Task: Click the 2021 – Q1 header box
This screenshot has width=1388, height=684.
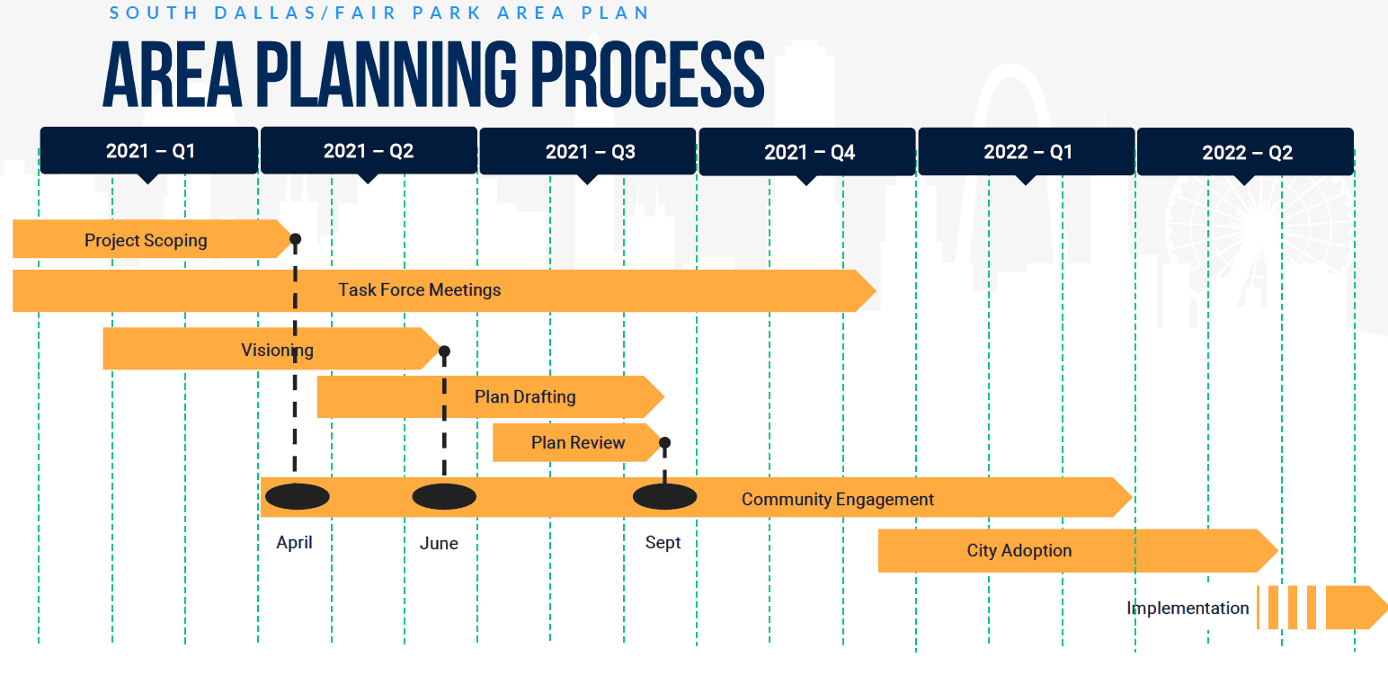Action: (148, 151)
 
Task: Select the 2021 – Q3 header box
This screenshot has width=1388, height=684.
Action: (588, 151)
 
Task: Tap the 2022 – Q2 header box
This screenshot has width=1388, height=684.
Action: (1245, 152)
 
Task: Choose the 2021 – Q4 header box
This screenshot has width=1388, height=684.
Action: (807, 152)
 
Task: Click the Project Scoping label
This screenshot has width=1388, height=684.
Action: (146, 240)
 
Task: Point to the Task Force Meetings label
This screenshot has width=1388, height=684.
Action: (420, 290)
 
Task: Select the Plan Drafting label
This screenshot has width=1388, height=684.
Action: (526, 396)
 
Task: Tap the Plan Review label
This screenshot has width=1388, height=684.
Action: (578, 442)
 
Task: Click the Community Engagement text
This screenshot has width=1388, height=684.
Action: (838, 500)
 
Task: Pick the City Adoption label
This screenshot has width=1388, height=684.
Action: (1019, 550)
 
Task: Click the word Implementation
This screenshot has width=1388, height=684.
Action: (1188, 608)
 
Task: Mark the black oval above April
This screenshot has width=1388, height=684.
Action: (298, 496)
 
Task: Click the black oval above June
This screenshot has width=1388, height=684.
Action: (444, 496)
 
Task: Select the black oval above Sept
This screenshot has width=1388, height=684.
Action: (665, 496)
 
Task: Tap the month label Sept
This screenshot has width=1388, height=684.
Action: (663, 543)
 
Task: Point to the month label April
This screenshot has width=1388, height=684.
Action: (294, 543)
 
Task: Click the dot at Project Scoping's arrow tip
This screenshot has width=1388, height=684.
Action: (296, 239)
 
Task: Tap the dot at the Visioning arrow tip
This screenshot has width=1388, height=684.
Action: (444, 352)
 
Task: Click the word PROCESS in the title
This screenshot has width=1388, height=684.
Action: (648, 75)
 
